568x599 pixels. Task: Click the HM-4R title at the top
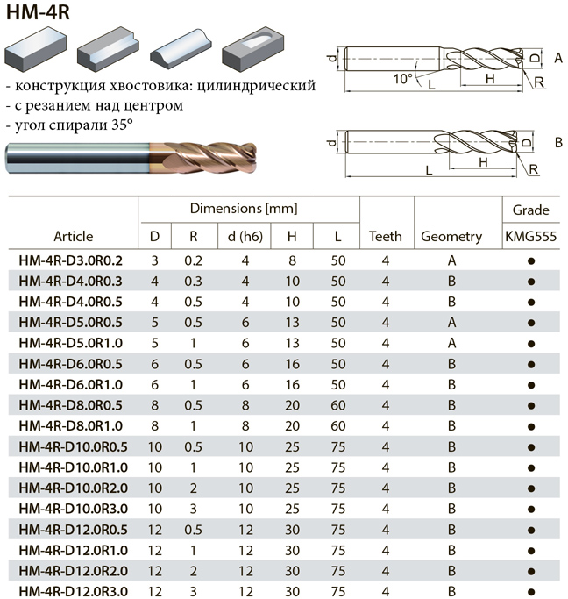(38, 12)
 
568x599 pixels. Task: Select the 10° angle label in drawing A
(403, 79)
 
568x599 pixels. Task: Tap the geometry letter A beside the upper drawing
(558, 58)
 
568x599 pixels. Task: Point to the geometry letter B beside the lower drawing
(558, 142)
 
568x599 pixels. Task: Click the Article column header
(74, 237)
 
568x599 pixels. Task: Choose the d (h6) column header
(245, 237)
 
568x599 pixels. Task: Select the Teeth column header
(386, 237)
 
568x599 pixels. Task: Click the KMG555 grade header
(531, 237)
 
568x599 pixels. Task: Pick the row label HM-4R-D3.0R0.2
(71, 260)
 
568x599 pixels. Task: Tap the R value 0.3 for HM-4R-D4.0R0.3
(193, 282)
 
